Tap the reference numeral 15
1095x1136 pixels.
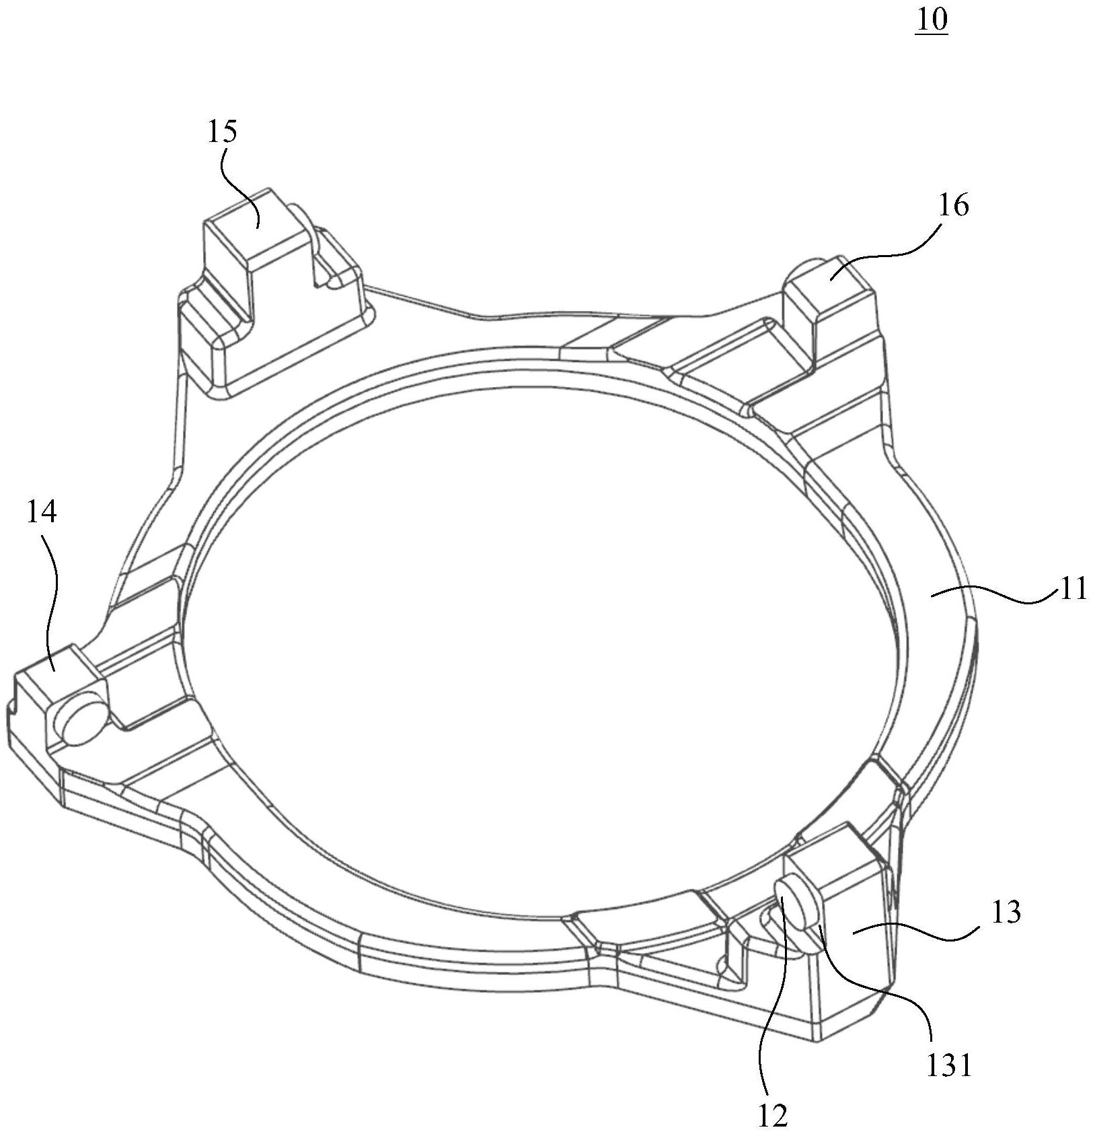pos(222,131)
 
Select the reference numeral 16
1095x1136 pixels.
pos(953,205)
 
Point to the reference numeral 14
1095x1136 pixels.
pos(42,512)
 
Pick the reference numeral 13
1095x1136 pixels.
pos(1006,913)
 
